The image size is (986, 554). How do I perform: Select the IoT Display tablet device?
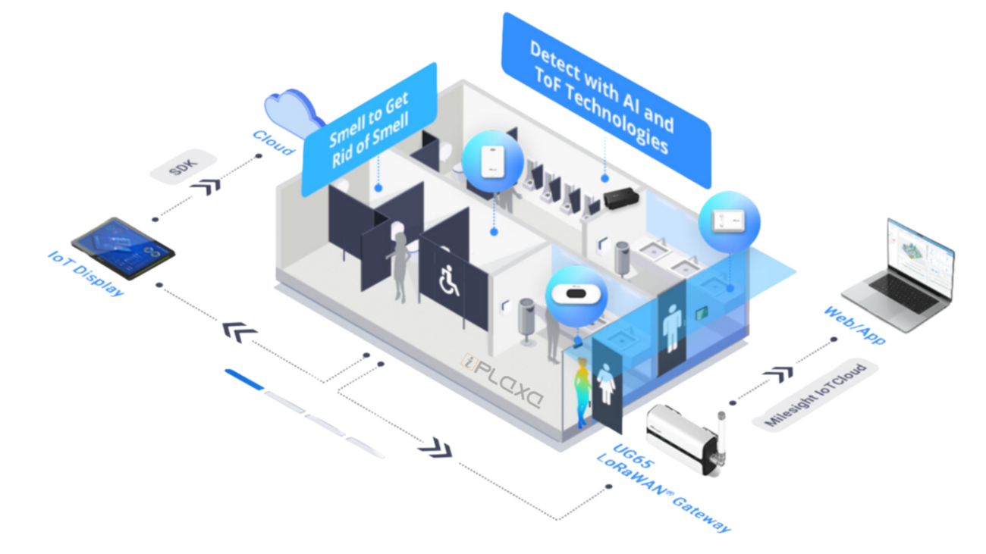(x=123, y=248)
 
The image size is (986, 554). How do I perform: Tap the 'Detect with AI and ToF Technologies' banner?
(x=605, y=99)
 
